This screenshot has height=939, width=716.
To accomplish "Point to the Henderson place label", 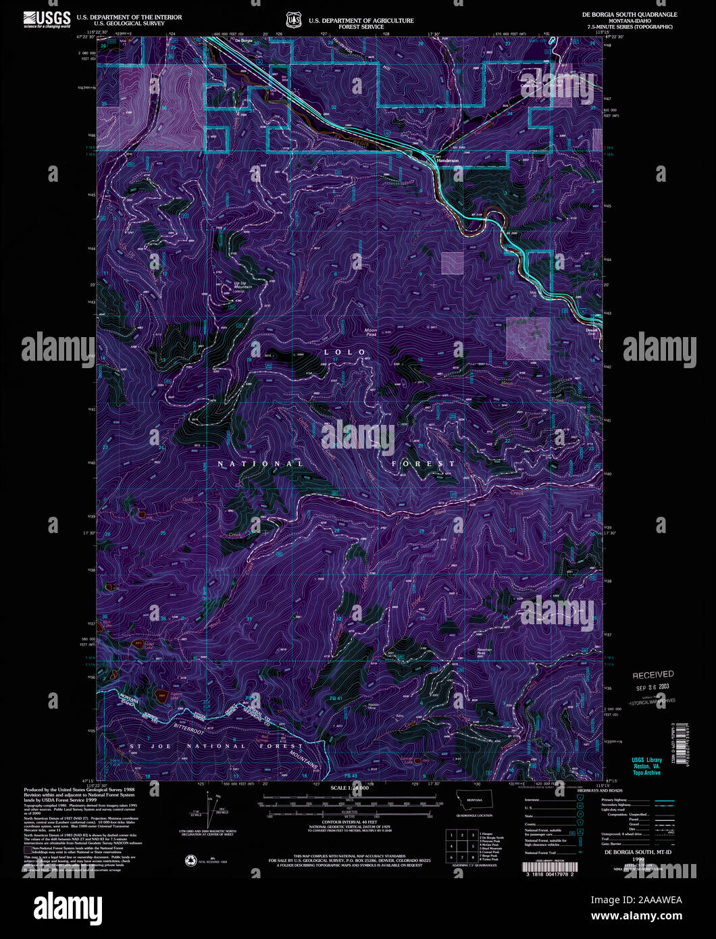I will point(447,161).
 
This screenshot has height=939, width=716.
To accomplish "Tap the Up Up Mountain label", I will point(242,285).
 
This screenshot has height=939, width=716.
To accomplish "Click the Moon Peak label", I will point(371,332).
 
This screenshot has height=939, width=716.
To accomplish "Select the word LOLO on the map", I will point(344,352).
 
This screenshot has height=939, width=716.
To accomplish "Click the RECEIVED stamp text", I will point(653,674).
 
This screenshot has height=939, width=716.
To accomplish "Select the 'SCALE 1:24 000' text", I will point(349,788).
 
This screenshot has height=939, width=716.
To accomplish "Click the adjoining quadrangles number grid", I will point(461,844).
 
